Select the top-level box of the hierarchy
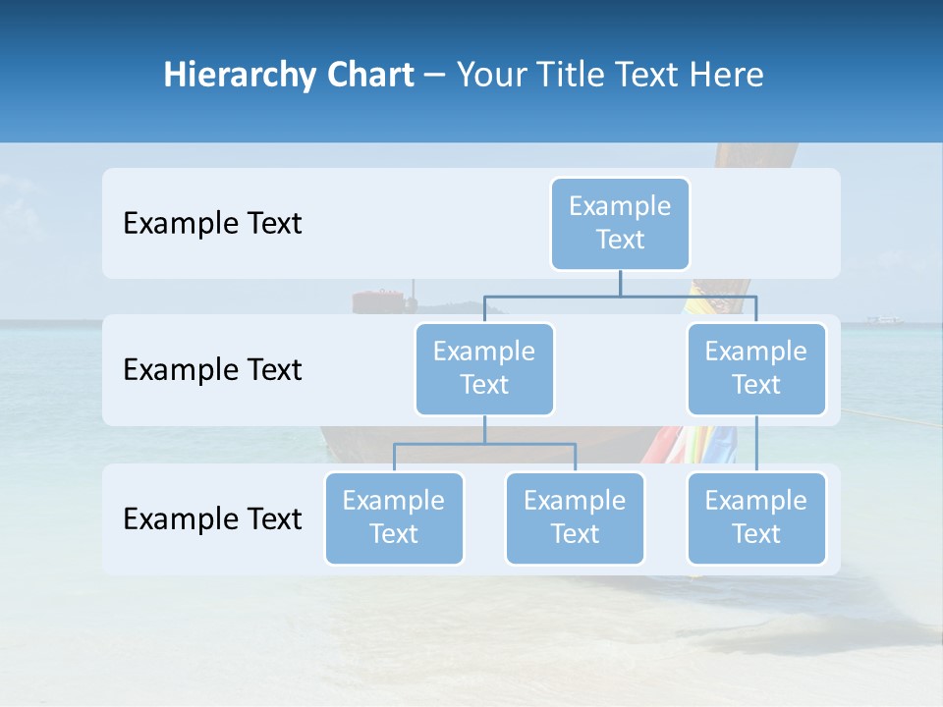coord(620,223)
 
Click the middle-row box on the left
coord(484,368)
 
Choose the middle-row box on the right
coord(756,368)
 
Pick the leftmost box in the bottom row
coord(394,517)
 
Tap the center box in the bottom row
coord(575,517)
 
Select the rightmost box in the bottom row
coord(756,517)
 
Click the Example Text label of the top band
coord(212,224)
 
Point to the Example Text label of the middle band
coord(212,370)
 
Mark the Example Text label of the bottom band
coord(212,518)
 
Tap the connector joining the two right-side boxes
coord(756,444)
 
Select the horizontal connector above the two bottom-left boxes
coord(484,444)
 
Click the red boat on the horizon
coord(379,300)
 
